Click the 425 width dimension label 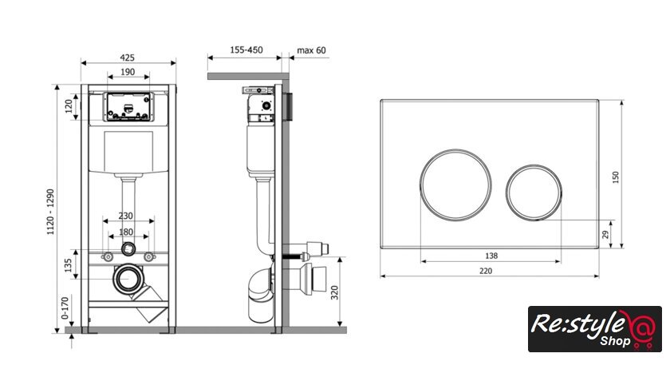coord(127,58)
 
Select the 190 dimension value coord(128,72)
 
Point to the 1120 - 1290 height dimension coord(50,212)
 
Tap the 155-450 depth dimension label coord(246,50)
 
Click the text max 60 coord(311,50)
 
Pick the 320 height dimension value coord(334,292)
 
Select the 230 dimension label coord(126,216)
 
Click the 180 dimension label coord(126,232)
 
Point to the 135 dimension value coord(68,265)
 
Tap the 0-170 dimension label coord(65,308)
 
